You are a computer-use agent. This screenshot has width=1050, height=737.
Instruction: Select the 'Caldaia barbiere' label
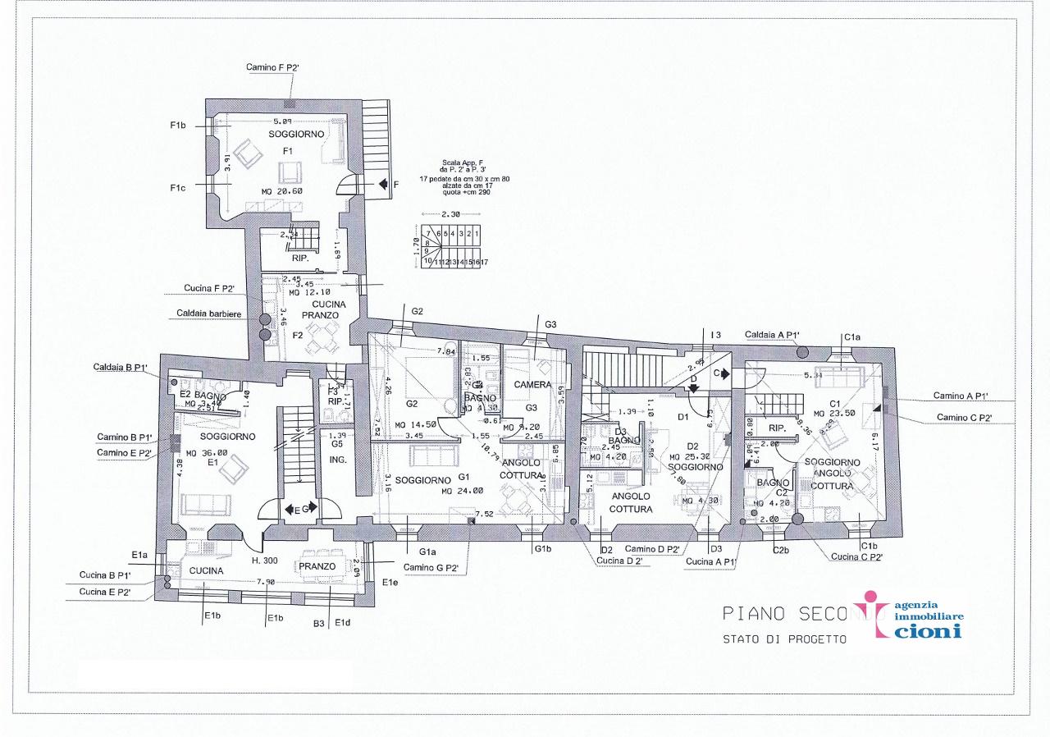click(209, 314)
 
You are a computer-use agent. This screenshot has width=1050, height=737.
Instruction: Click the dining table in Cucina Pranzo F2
click(320, 335)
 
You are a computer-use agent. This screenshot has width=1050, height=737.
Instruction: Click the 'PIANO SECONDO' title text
click(788, 613)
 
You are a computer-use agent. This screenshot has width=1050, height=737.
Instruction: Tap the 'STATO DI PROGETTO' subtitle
click(784, 639)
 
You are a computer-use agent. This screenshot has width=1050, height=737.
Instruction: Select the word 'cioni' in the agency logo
click(929, 631)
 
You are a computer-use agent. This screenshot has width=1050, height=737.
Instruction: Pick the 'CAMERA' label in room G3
click(532, 384)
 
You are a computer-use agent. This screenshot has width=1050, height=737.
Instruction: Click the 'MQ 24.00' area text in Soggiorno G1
click(463, 491)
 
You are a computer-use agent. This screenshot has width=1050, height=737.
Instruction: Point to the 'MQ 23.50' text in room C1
click(835, 414)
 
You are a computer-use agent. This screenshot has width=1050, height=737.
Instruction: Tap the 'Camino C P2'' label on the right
click(965, 418)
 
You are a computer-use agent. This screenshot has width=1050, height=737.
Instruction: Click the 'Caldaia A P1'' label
click(772, 335)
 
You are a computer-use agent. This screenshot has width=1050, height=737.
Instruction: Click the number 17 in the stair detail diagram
click(485, 262)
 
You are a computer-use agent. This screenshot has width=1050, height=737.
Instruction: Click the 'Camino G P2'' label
click(430, 566)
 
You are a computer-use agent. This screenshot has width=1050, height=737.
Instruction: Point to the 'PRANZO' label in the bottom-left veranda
click(317, 566)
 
